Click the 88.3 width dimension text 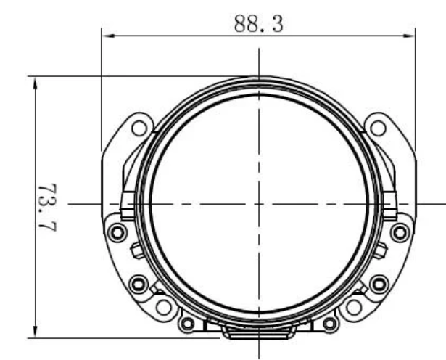pyautogui.click(x=259, y=24)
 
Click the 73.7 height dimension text pyautogui.click(x=48, y=208)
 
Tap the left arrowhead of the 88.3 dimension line pyautogui.click(x=108, y=36)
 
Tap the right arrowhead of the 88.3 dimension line pyautogui.click(x=409, y=36)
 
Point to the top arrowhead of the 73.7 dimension pyautogui.click(x=35, y=83)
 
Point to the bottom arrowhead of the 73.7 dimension pyautogui.click(x=35, y=331)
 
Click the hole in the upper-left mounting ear pyautogui.click(x=139, y=128)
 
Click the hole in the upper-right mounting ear pyautogui.click(x=378, y=128)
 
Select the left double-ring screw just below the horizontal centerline pyautogui.click(x=117, y=232)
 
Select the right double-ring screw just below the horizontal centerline pyautogui.click(x=400, y=232)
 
